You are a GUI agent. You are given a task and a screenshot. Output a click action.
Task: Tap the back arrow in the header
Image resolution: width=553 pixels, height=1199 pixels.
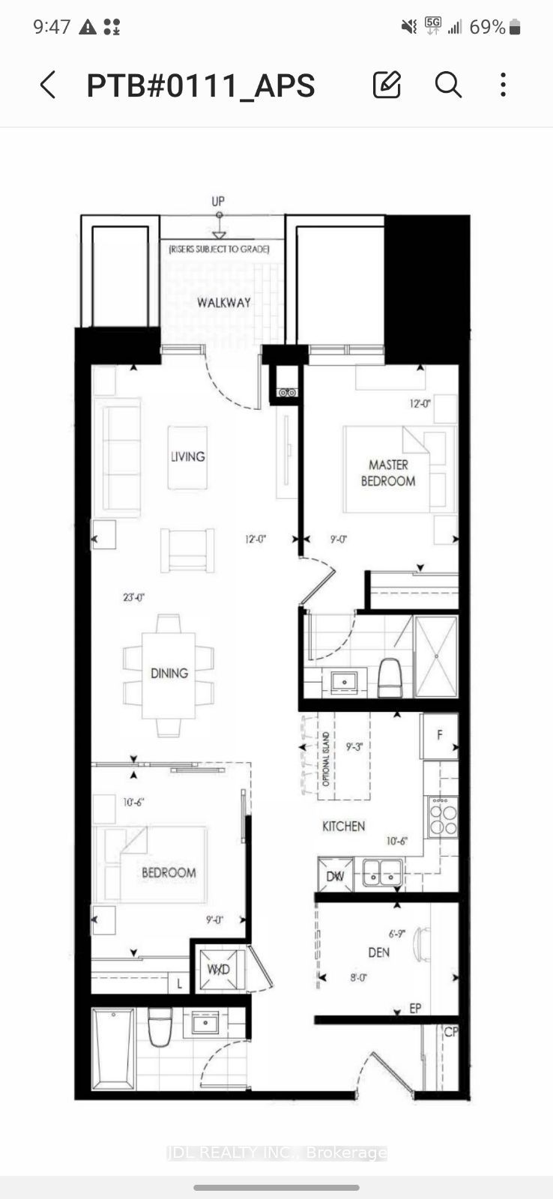(x=48, y=85)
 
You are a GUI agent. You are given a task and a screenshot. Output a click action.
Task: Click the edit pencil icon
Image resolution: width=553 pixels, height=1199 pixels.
(x=387, y=85)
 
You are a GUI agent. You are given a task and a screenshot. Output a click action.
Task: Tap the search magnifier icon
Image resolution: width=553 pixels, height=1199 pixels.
(x=447, y=85)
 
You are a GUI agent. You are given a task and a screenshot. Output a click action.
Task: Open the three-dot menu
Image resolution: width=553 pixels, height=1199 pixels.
(x=503, y=85)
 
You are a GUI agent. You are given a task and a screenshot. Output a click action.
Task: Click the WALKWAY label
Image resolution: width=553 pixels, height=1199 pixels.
(x=223, y=303)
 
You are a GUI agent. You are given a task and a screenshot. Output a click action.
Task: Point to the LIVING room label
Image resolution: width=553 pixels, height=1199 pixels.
(x=187, y=456)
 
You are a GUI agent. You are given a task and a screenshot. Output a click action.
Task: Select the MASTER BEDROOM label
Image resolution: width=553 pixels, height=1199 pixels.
(x=388, y=473)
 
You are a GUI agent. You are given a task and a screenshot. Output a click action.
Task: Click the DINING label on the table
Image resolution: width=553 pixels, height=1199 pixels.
(x=169, y=673)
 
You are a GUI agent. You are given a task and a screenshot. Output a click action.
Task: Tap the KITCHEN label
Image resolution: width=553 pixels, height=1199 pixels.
(x=343, y=826)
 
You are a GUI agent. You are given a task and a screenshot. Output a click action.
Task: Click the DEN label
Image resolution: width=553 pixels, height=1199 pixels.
(x=378, y=952)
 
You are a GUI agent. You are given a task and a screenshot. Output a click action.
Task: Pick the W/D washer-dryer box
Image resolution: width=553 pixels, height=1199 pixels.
(x=218, y=970)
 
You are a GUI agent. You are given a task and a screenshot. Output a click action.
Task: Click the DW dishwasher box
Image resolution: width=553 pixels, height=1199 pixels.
(x=335, y=875)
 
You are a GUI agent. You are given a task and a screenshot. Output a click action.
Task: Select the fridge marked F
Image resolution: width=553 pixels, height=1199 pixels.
(x=439, y=735)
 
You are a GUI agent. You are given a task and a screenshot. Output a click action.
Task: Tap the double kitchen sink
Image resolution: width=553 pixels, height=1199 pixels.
(x=383, y=872)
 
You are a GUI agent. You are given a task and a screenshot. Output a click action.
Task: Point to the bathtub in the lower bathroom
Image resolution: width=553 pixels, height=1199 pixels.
(x=113, y=1048)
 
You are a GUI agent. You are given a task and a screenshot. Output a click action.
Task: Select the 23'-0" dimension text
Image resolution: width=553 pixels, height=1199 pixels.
(x=133, y=597)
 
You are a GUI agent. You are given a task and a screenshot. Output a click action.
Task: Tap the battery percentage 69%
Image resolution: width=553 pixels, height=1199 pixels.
(x=487, y=27)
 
